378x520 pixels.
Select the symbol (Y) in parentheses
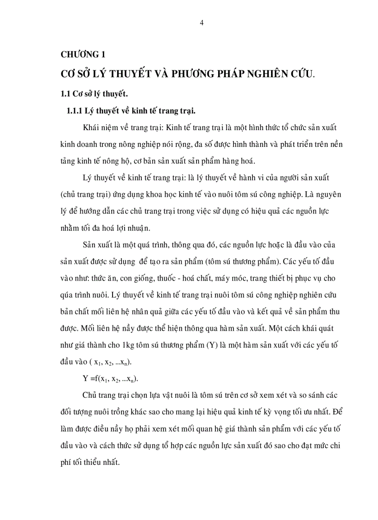206,345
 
